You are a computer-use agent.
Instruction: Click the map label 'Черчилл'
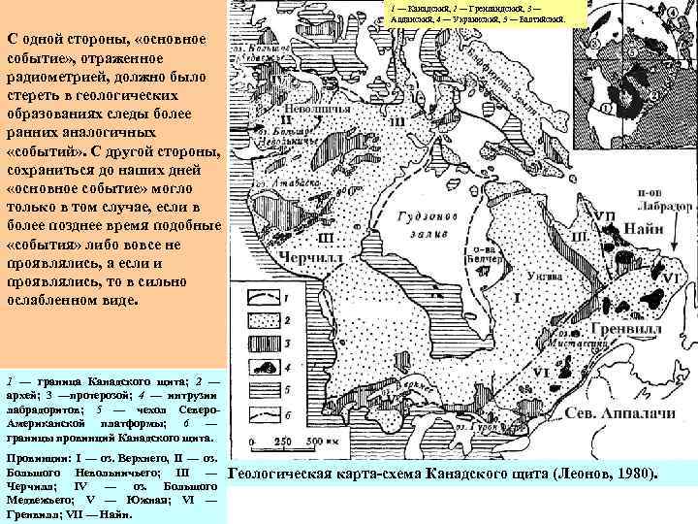coord(304,259)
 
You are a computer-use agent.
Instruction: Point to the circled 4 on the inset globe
coord(673,13)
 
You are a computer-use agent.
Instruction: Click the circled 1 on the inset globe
coord(615,106)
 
